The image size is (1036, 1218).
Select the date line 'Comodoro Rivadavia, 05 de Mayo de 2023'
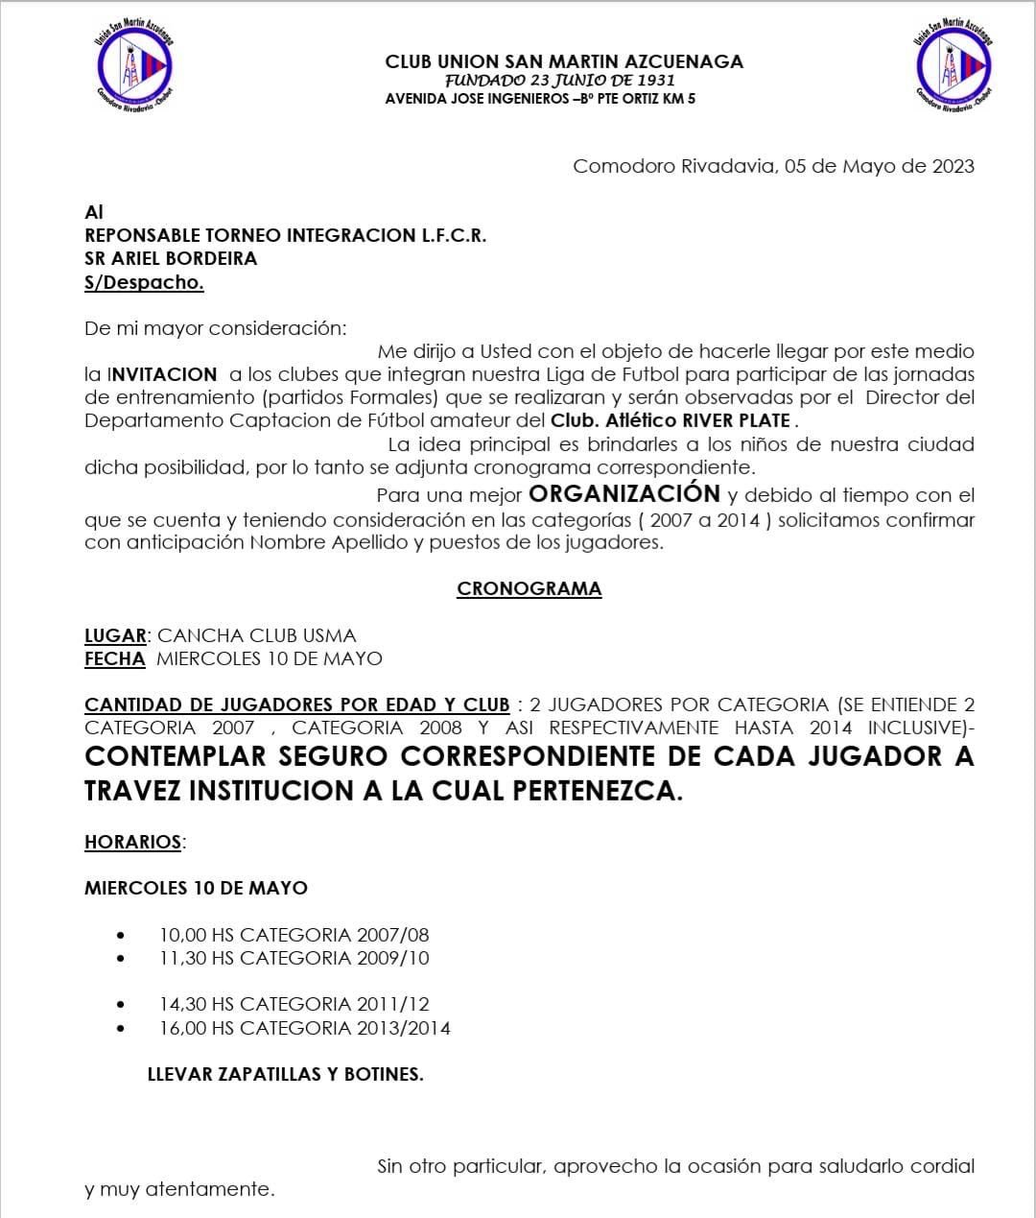(773, 166)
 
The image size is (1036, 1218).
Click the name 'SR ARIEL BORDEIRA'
(171, 258)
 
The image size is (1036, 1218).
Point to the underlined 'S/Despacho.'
(144, 282)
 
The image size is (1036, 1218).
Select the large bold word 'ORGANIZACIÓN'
(624, 494)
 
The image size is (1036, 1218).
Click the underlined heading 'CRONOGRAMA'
(529, 588)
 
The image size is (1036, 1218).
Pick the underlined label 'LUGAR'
(115, 635)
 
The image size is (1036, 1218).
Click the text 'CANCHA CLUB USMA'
(256, 635)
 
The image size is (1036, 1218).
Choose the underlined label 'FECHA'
(114, 658)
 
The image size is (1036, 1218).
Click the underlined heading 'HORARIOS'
(132, 842)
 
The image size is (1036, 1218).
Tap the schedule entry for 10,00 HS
(294, 934)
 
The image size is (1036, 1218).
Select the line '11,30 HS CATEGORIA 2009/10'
(294, 958)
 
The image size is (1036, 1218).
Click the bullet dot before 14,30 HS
(120, 1005)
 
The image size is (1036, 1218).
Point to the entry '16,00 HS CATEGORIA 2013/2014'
(304, 1028)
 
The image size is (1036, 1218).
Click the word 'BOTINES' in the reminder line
(384, 1074)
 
